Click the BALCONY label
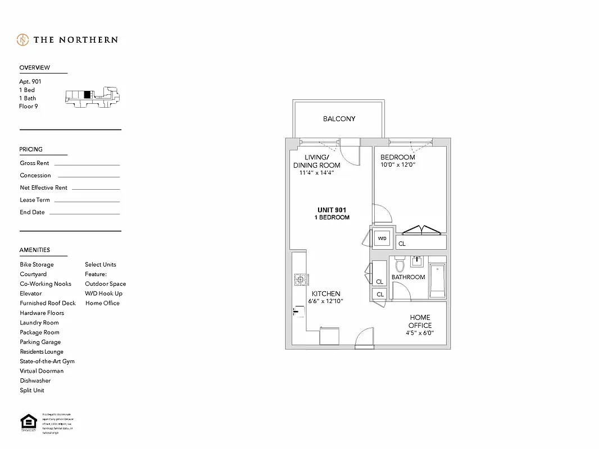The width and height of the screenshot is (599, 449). click(x=339, y=119)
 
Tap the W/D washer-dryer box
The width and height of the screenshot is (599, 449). click(x=383, y=239)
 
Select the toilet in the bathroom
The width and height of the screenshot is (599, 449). click(x=400, y=264)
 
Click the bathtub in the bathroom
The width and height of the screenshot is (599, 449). click(x=437, y=282)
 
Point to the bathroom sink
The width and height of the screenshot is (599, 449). click(x=417, y=262)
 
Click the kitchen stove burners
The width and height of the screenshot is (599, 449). click(x=299, y=278)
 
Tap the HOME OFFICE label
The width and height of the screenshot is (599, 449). click(x=420, y=322)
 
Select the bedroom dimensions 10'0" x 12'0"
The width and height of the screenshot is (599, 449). click(x=397, y=165)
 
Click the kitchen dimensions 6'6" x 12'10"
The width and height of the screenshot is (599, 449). click(x=326, y=301)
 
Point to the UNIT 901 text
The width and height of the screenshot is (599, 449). click(x=333, y=210)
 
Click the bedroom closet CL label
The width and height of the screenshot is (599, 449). click(x=402, y=244)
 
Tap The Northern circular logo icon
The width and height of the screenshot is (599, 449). click(x=23, y=40)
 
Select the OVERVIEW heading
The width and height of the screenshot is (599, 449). click(x=35, y=68)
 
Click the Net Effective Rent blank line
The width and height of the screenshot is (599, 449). click(x=96, y=189)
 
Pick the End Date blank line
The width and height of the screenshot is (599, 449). click(x=84, y=214)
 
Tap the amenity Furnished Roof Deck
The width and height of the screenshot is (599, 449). click(x=48, y=303)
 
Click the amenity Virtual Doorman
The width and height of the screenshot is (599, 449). click(x=42, y=371)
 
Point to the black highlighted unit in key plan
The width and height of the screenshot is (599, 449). click(x=87, y=94)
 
